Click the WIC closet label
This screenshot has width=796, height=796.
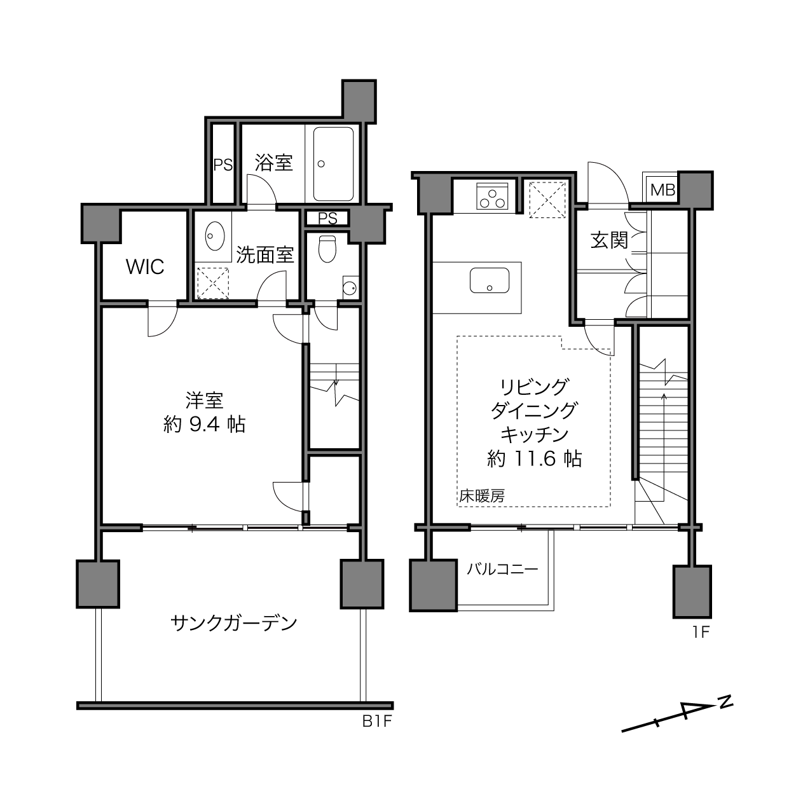click(145, 267)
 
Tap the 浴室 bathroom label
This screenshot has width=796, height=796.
click(273, 163)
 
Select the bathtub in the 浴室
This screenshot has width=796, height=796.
click(333, 164)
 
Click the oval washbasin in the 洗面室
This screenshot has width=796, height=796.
click(214, 236)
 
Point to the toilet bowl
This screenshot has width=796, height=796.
click(327, 249)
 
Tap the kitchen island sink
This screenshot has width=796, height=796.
click(490, 280)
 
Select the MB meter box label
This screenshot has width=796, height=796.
click(662, 190)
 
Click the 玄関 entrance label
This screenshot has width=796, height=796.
click(609, 240)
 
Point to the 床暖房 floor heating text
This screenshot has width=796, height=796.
click(482, 496)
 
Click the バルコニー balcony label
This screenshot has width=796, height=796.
click(502, 570)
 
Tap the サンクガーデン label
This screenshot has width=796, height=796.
click(234, 623)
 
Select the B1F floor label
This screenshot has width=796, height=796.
click(376, 722)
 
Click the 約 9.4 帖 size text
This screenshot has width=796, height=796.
click(205, 424)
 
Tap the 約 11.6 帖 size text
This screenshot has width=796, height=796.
click(535, 458)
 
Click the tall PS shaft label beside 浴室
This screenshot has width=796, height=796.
click(223, 165)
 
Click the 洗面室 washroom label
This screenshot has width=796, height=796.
click(264, 256)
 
